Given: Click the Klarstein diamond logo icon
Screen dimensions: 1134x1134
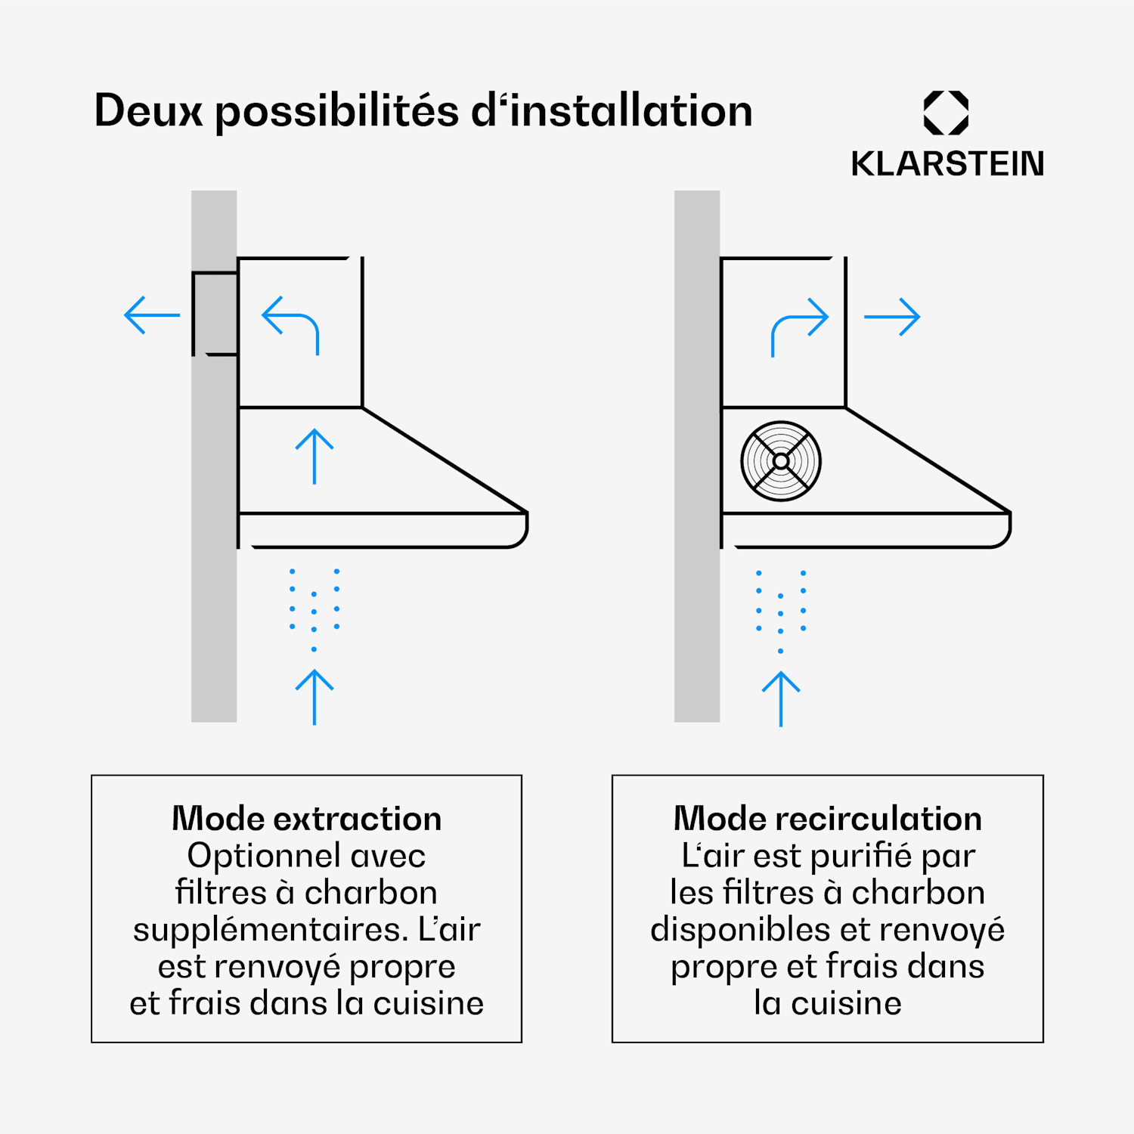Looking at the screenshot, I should (946, 113).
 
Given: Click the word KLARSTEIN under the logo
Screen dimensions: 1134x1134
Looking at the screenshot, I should (947, 164).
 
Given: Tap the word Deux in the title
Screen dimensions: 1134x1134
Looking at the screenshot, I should (148, 111).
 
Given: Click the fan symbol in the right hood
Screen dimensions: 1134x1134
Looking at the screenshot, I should (781, 461).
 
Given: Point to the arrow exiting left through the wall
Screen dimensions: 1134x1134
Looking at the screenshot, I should (152, 315).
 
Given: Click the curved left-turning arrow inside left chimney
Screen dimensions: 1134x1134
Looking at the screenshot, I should (291, 324).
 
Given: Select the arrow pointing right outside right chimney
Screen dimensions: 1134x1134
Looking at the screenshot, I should (892, 317).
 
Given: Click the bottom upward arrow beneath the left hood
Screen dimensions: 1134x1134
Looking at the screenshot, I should (314, 696).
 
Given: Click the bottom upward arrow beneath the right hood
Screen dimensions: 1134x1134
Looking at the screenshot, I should (781, 698).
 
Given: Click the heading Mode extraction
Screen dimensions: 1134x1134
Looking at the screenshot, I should (306, 819).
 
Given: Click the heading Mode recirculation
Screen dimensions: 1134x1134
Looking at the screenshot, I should (828, 819).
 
